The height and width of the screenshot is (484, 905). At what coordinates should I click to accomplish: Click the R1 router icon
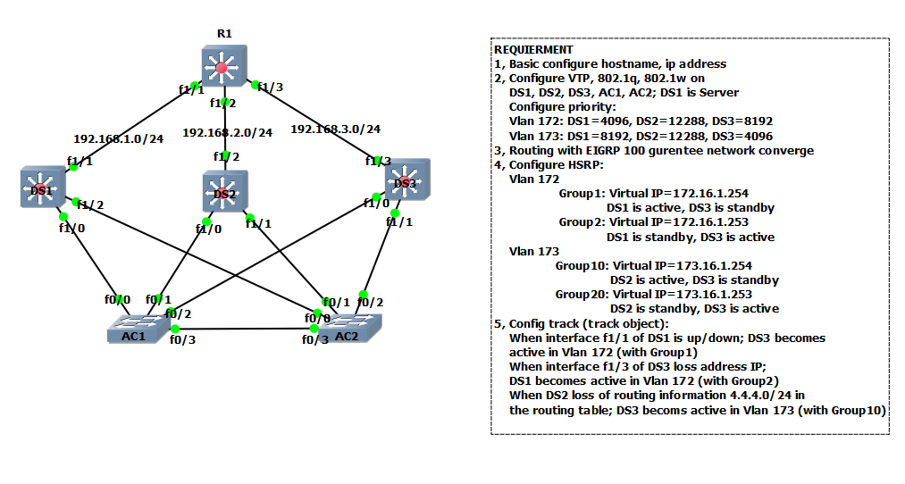tap(222, 66)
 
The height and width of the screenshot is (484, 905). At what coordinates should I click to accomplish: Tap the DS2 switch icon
tap(223, 190)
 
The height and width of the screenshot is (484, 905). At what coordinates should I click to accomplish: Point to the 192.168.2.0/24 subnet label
tap(227, 132)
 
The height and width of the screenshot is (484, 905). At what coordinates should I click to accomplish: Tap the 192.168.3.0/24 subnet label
tap(335, 129)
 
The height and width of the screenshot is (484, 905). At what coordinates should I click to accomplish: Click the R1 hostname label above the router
tap(223, 34)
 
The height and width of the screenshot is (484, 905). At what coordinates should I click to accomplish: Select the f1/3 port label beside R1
tap(271, 88)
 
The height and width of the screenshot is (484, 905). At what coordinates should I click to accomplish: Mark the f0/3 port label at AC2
tap(314, 339)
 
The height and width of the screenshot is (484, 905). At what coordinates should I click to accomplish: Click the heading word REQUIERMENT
tap(533, 50)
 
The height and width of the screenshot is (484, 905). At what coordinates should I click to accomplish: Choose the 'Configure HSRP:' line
tap(556, 164)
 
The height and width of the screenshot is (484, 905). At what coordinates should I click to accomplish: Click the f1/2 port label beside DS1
tap(90, 204)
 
